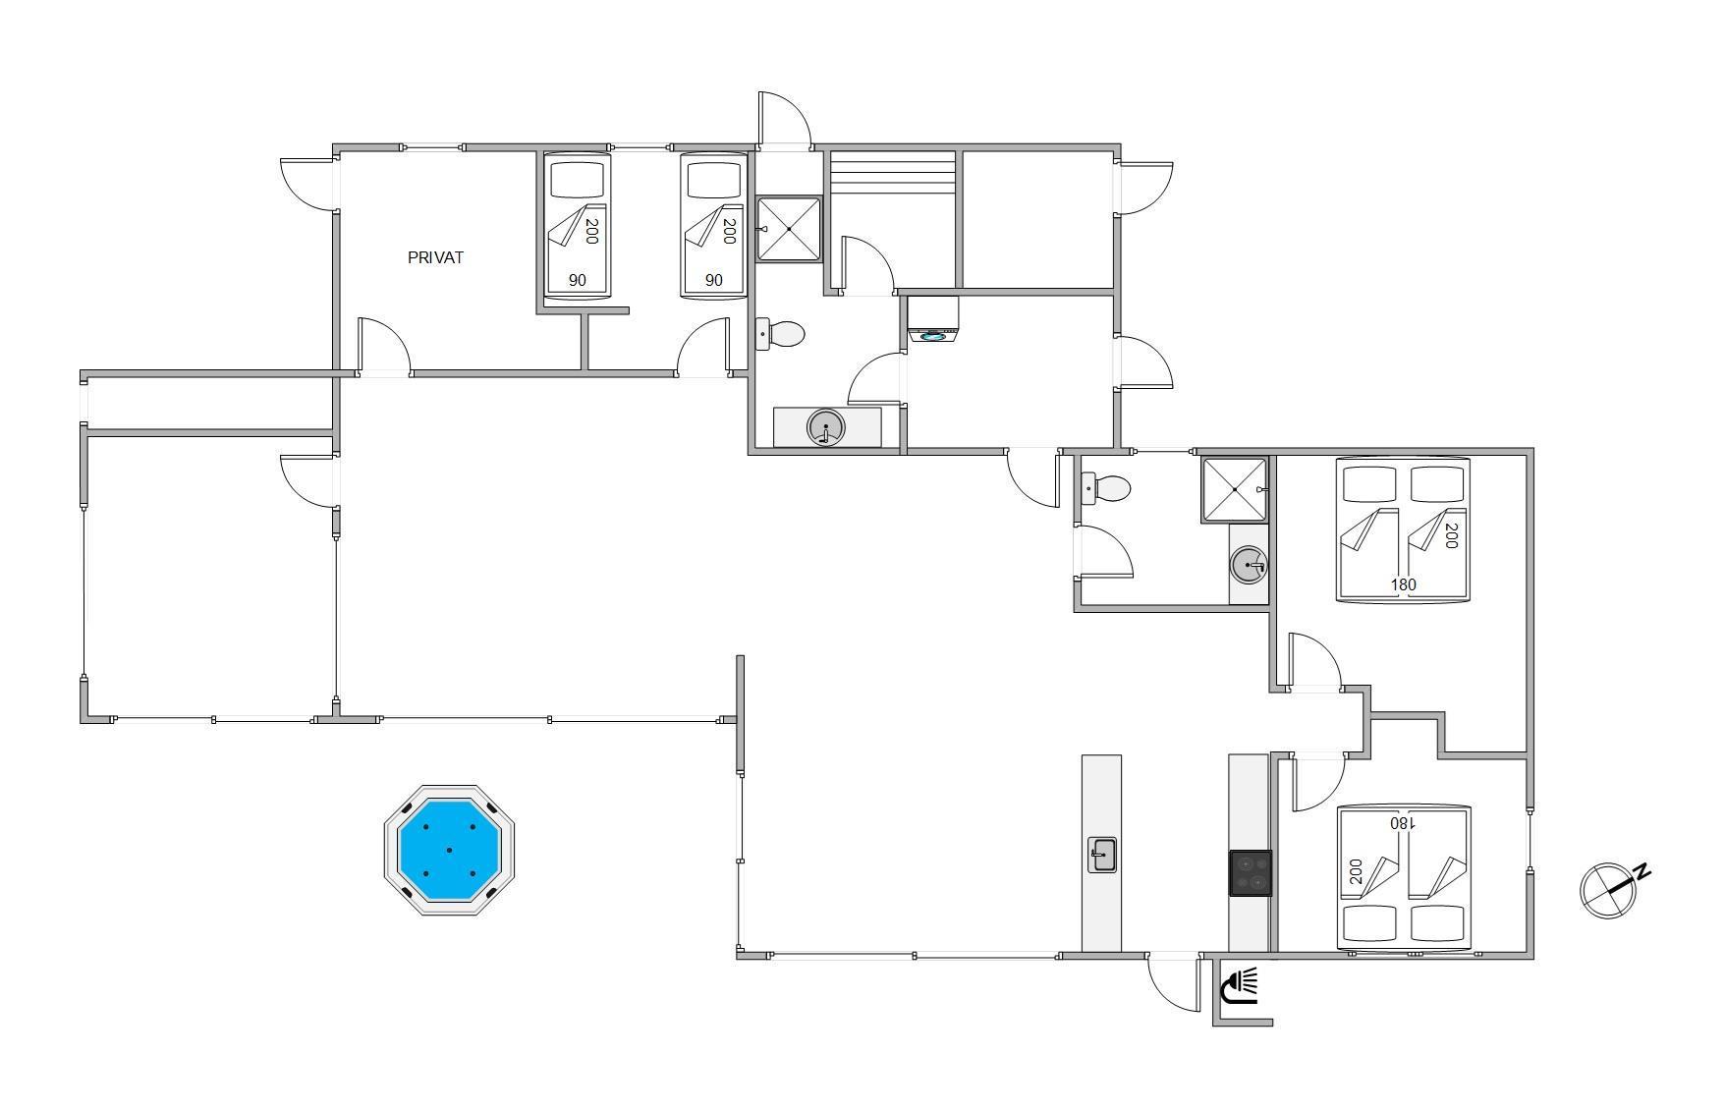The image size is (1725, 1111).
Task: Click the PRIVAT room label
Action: pos(435,257)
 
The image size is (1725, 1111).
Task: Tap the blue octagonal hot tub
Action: pos(449,850)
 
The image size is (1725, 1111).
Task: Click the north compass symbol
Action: pos(1613,889)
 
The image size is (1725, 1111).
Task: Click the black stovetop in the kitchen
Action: pos(1251,873)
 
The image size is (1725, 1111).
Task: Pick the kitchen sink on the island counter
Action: pos(1101,855)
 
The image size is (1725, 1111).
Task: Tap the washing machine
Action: pos(933,319)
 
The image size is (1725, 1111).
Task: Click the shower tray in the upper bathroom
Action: pos(788,229)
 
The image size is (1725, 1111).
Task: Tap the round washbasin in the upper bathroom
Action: pos(826,427)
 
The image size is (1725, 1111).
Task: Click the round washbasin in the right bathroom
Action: pos(1249,565)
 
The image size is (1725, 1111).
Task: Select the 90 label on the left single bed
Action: pos(577,280)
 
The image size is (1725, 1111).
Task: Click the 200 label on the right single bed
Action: pos(729,231)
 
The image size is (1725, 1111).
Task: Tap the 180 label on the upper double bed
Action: pos(1404,584)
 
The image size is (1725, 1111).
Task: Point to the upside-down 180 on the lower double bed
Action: pos(1402,823)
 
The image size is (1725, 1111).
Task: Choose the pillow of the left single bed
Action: pos(577,180)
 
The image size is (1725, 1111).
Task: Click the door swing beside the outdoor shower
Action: pos(1175,983)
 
